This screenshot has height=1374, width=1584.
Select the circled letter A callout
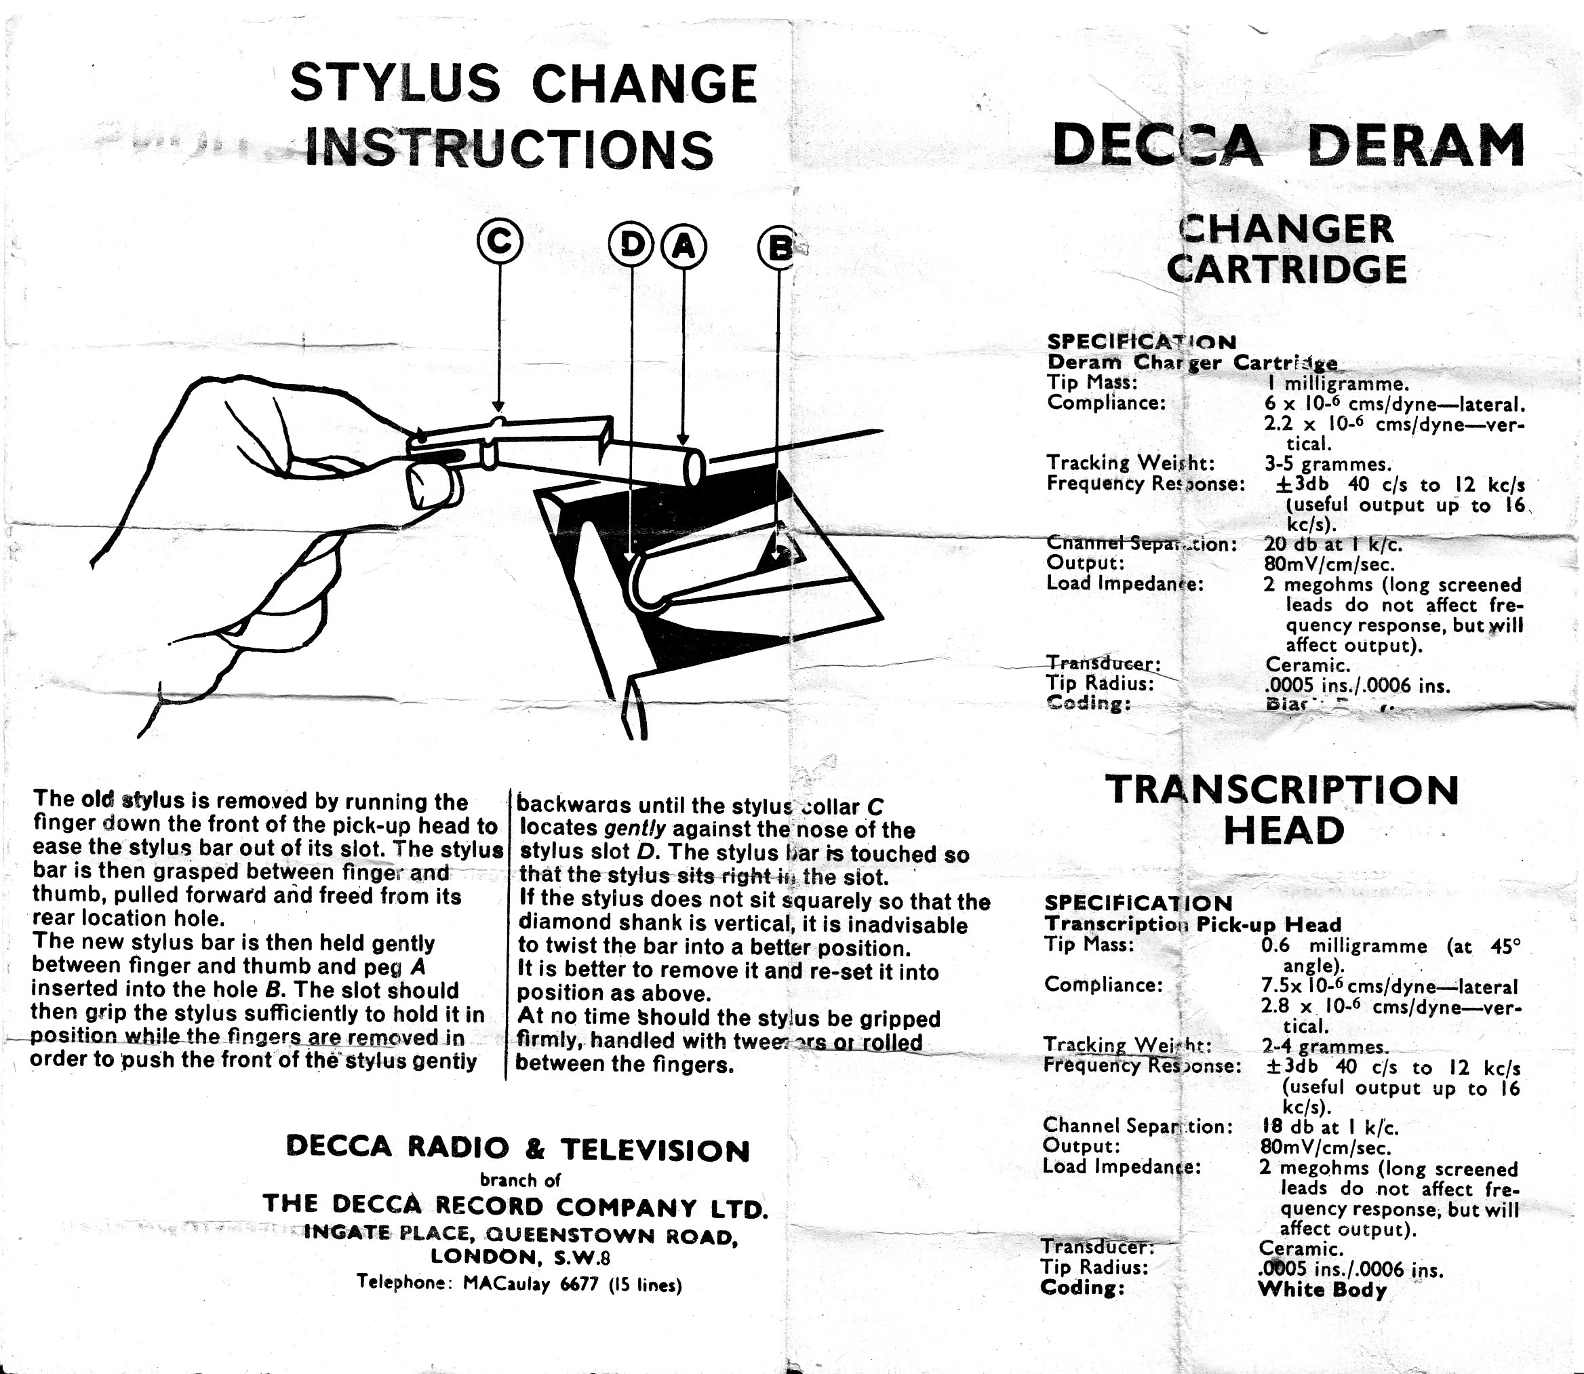point(683,246)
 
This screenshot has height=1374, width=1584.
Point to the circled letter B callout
point(778,248)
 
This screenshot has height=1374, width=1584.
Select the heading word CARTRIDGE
point(1286,269)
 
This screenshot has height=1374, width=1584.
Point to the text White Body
point(1322,1289)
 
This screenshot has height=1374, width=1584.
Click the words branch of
point(520,1180)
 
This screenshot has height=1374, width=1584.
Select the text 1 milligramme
point(1337,382)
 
